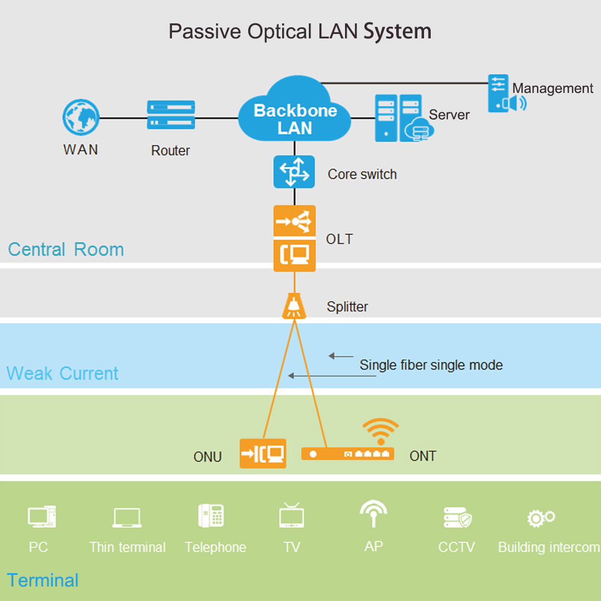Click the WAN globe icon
[81, 118]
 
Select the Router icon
[171, 115]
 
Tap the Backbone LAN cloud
[294, 114]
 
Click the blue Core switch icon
[294, 172]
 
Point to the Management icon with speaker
[505, 94]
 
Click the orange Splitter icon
[294, 307]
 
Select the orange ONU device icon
[263, 454]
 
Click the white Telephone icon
[211, 516]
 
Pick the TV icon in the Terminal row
[292, 515]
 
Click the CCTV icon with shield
[457, 518]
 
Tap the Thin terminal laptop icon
[127, 518]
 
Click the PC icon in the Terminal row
[42, 516]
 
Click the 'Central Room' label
[66, 249]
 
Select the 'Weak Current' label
[62, 373]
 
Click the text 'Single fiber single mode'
[431, 365]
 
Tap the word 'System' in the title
[397, 31]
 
